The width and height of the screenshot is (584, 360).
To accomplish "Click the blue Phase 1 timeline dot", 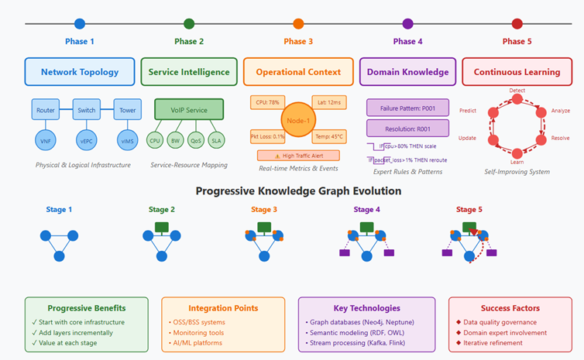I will tap(80, 24).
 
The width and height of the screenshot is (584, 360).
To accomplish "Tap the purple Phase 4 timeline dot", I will tap(408, 24).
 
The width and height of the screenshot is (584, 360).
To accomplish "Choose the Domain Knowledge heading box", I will tap(407, 72).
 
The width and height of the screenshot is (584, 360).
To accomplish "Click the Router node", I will tap(46, 110).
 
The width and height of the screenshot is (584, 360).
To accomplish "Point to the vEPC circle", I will tap(86, 141).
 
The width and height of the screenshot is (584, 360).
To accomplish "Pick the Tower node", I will tap(127, 110).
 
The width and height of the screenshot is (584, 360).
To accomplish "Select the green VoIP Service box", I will tap(189, 110).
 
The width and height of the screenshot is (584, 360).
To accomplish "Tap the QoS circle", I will tap(197, 141).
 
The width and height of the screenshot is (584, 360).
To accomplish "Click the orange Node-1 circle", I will tap(298, 120).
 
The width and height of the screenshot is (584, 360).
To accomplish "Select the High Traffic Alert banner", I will tap(298, 156).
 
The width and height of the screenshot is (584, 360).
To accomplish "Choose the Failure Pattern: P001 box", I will tap(407, 108).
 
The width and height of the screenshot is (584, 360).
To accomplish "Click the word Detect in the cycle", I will tap(517, 91).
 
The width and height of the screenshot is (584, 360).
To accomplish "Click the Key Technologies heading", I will tap(366, 308).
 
